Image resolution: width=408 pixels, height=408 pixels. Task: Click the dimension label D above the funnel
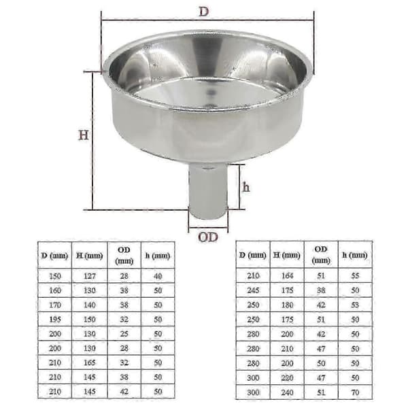(204, 12)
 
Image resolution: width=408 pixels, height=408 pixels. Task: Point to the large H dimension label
(84, 135)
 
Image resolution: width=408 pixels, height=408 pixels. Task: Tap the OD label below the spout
(208, 237)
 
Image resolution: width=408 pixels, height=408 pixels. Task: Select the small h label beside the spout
(246, 187)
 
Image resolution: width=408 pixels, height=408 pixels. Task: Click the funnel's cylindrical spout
(208, 191)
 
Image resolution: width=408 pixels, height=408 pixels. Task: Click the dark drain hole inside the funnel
(212, 93)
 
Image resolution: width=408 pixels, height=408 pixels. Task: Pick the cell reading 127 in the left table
(90, 276)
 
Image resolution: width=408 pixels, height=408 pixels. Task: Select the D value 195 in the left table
(55, 320)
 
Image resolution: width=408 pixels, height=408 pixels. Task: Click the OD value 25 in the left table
(124, 334)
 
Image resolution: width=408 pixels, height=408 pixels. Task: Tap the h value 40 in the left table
(158, 276)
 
